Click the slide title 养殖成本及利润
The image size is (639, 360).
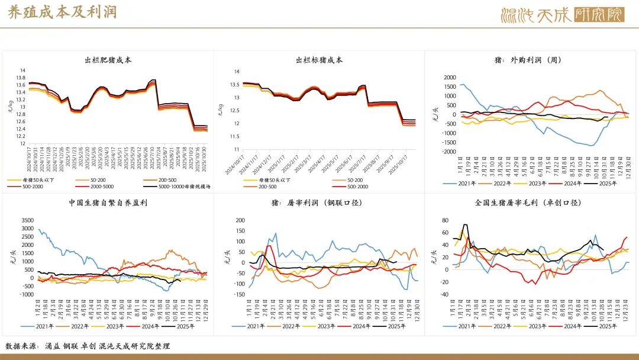62,13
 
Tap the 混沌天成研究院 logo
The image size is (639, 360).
562,14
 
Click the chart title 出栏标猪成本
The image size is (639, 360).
319,60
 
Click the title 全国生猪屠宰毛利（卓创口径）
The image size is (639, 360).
528,203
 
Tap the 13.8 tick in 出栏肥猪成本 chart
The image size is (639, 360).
20,78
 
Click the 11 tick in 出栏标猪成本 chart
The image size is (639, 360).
235,149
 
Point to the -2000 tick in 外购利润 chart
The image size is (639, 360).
449,152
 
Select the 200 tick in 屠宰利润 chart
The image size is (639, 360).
240,220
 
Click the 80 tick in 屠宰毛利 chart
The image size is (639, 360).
445,220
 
